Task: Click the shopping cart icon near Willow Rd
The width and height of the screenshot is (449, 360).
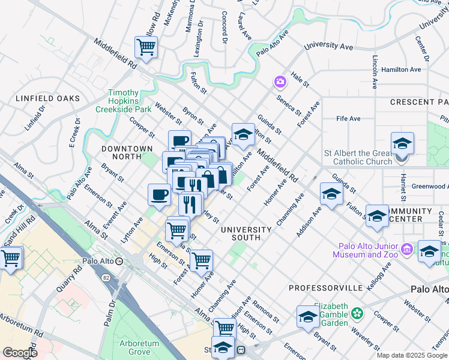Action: pos(146,47)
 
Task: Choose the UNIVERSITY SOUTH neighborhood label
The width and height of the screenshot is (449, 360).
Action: pos(246,233)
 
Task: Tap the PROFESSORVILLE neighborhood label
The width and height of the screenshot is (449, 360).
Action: pos(325,288)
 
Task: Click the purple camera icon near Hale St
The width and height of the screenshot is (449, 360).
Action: pos(280,81)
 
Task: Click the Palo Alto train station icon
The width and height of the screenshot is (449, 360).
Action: pos(119,262)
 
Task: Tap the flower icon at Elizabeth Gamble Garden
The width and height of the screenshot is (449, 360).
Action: pos(358,313)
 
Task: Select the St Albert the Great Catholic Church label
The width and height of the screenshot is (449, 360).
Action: pos(357,157)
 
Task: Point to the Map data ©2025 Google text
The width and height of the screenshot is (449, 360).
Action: pos(411,355)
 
